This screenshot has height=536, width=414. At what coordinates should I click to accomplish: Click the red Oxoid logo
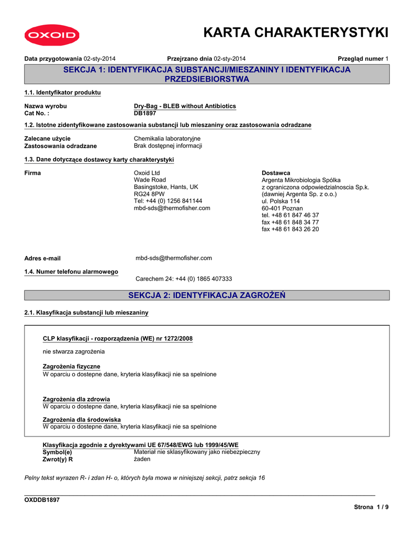click(51, 36)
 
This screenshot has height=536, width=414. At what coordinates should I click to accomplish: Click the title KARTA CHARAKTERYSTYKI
click(296, 32)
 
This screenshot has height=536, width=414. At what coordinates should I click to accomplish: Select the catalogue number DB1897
click(145, 113)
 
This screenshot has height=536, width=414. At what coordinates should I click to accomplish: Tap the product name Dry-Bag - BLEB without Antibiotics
click(185, 106)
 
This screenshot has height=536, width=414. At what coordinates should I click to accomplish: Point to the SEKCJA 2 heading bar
click(207, 296)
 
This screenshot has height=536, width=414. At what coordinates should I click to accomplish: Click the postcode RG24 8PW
click(150, 194)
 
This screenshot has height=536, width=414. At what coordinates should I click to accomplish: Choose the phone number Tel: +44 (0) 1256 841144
click(168, 201)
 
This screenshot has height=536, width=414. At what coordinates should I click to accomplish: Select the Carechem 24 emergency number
click(183, 279)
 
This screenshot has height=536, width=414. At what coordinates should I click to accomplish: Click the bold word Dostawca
click(276, 173)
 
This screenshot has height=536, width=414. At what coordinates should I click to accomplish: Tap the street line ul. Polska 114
click(281, 201)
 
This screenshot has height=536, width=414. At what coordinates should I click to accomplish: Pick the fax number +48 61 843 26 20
click(290, 229)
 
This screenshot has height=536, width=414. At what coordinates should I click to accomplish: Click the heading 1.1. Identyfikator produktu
click(62, 93)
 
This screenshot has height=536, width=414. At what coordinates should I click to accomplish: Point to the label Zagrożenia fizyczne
click(71, 366)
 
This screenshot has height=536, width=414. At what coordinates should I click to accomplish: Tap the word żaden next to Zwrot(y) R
click(142, 459)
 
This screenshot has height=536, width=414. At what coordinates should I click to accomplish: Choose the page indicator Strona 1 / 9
click(371, 507)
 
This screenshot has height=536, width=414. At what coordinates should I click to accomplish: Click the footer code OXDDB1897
click(42, 500)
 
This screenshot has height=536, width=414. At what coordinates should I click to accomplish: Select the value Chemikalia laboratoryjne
click(167, 139)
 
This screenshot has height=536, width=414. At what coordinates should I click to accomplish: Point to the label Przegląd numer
click(361, 59)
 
